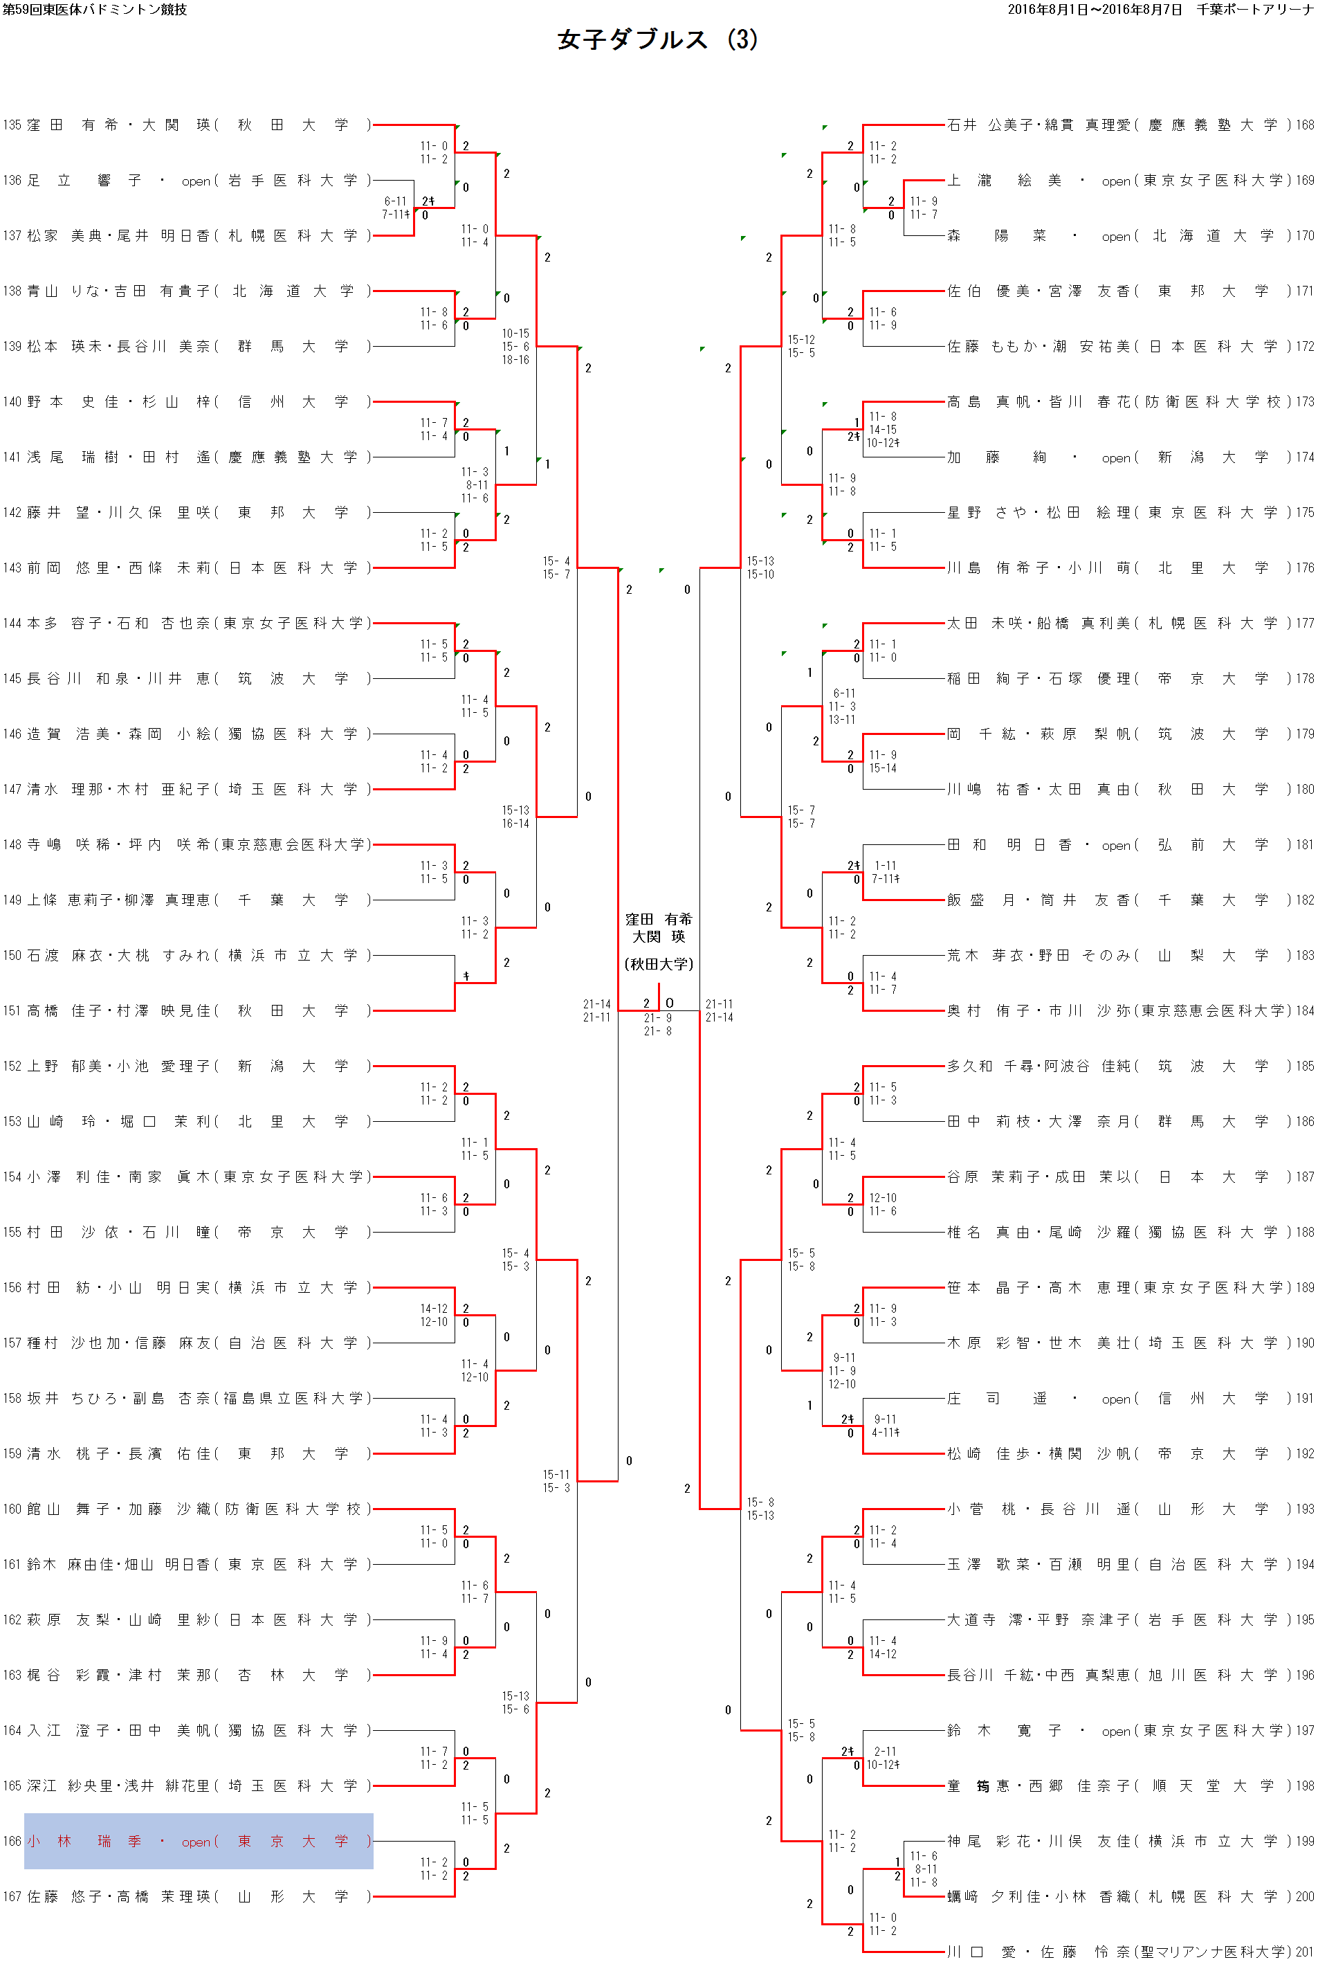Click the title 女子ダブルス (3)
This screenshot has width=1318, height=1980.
657,39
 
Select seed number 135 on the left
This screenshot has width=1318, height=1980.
12,125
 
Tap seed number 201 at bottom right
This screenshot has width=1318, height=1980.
1305,1952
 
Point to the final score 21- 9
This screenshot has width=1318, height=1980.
657,1018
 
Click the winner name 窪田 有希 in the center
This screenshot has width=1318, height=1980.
658,919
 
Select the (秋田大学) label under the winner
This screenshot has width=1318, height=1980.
658,963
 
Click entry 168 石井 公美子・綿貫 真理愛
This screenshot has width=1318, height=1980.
1117,125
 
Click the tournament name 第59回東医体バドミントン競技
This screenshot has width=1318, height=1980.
95,9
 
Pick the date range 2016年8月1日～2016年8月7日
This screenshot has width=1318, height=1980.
1095,9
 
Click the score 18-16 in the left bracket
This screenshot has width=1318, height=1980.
515,360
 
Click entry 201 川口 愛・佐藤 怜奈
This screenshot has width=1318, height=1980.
1117,1952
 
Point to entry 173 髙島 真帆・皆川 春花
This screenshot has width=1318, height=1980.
1117,402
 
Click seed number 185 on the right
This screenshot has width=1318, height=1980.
1305,1066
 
